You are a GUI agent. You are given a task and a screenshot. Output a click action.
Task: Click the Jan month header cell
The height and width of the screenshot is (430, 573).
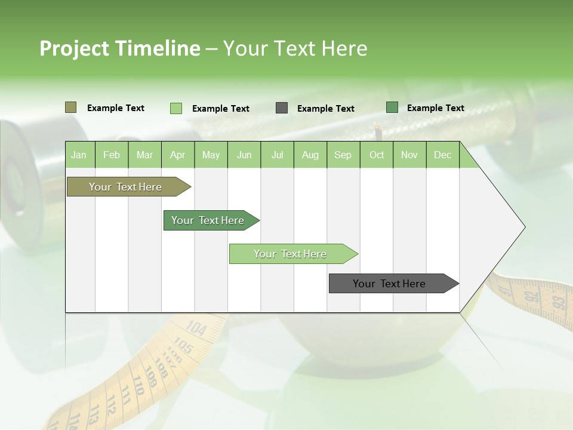click(79, 155)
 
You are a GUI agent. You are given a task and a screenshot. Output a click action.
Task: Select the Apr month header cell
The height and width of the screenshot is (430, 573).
click(178, 155)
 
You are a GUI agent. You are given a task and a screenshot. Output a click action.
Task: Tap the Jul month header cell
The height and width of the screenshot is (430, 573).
click(277, 155)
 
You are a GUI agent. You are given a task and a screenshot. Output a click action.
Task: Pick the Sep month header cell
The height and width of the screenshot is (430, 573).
click(343, 155)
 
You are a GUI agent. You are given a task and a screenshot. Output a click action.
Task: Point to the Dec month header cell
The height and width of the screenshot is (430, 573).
click(442, 155)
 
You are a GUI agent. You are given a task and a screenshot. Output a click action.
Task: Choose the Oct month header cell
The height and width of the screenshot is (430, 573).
click(377, 155)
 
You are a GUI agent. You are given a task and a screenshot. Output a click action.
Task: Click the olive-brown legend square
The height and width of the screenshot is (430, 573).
click(70, 107)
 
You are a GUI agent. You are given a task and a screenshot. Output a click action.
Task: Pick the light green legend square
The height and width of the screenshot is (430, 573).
click(175, 108)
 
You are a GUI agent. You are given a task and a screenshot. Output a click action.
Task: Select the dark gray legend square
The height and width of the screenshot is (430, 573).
click(282, 108)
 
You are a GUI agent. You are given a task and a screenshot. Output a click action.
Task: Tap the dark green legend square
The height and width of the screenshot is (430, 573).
click(392, 107)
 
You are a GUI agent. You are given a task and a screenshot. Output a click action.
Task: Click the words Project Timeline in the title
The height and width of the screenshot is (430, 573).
click(119, 48)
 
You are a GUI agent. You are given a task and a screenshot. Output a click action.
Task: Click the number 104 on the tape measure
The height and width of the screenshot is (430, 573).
click(196, 328)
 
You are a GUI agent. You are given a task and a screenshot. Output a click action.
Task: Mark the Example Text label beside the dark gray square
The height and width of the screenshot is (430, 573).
click(325, 109)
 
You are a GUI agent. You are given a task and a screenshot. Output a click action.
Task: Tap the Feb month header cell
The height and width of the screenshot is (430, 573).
click(112, 155)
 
